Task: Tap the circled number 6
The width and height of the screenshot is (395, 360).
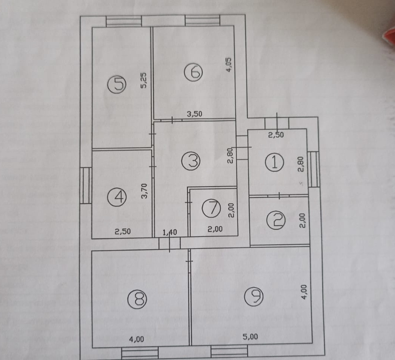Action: point(194,72)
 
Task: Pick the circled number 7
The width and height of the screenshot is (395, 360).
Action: point(211,209)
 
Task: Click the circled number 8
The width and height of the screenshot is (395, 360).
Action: point(137,299)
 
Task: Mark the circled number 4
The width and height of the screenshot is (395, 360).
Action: point(116,196)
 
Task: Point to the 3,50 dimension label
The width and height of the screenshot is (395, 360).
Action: point(195,115)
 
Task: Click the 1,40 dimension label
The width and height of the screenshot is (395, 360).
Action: point(169,232)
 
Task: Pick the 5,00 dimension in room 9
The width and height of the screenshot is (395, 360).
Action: point(250,336)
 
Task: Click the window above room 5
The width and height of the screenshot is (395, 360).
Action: point(124,21)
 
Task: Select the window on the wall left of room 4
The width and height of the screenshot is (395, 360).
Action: point(86,185)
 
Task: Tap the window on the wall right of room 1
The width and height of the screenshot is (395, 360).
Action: point(314,169)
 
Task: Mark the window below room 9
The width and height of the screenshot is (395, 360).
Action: point(229,352)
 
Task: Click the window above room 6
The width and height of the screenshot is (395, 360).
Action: point(202,21)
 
